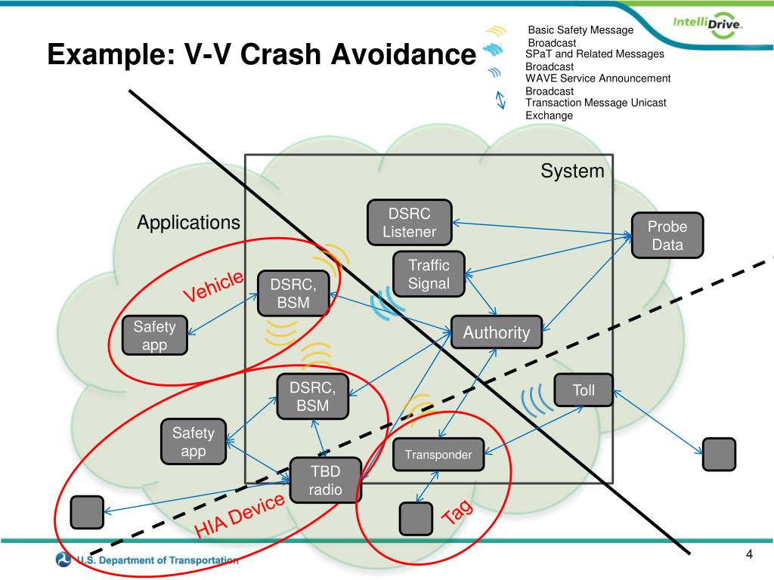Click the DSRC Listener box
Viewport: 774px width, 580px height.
409,223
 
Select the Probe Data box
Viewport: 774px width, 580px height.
667,236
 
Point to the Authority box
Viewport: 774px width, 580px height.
497,332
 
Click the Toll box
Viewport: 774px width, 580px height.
584,390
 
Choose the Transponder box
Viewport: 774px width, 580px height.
438,455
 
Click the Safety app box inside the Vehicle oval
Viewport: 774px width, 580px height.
155,336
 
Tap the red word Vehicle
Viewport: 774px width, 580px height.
214,286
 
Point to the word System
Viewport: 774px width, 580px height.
572,171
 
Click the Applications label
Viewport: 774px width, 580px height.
188,223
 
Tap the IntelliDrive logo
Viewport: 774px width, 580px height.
707,27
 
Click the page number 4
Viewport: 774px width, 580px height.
749,556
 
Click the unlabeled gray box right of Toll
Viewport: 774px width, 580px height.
718,454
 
